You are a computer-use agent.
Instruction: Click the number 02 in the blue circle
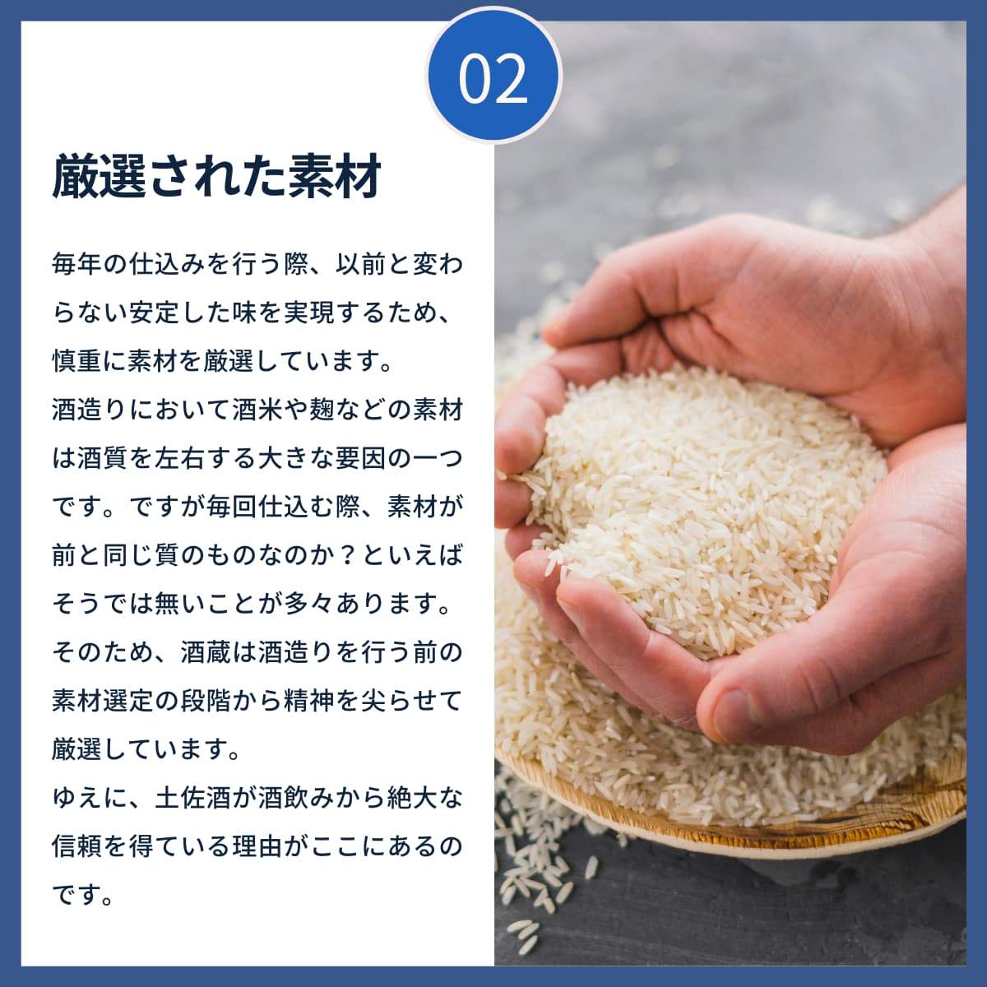point(493,79)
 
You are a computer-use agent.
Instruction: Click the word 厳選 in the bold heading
point(101,176)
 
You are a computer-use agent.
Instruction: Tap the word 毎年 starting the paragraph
point(77,265)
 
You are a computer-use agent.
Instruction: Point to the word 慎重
point(77,362)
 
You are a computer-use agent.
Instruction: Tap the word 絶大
point(413,798)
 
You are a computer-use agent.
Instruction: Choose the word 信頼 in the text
point(77,846)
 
